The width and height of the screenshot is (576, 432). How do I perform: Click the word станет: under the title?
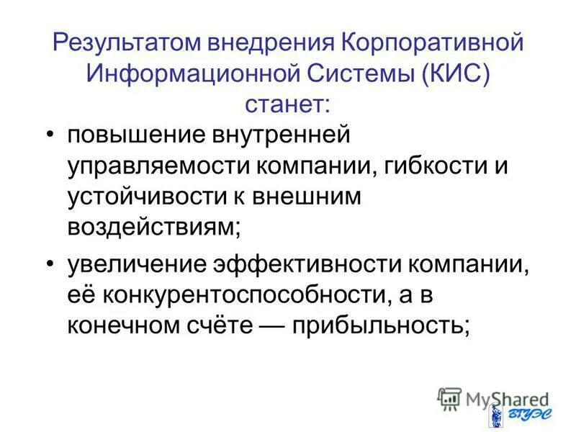pyautogui.click(x=287, y=104)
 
